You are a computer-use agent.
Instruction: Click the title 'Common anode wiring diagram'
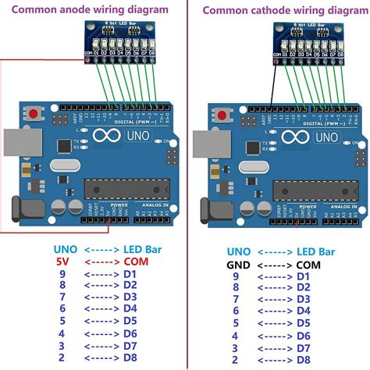91,9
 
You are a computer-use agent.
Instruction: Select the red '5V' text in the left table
64,262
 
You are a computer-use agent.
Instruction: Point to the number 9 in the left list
64,275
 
